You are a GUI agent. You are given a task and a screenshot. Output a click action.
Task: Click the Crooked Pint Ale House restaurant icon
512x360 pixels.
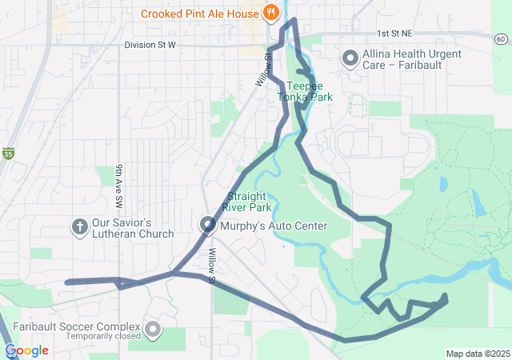point(271,13)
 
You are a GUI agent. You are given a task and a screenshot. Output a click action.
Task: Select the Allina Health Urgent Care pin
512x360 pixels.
point(350,58)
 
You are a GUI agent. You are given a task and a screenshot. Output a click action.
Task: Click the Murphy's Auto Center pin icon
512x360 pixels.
point(207,226)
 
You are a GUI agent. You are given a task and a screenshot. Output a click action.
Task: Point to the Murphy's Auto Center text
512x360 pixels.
point(273,226)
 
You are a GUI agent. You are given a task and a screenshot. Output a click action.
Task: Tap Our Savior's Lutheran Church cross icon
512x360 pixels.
point(79,226)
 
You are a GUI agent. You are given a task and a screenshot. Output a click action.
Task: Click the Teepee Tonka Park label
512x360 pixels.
point(304,90)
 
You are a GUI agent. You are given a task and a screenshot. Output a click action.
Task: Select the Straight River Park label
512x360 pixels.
point(250,202)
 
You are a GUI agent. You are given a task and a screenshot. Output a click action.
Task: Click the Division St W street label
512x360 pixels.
point(150,45)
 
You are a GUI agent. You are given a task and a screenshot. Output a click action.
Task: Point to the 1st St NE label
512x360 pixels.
point(394,34)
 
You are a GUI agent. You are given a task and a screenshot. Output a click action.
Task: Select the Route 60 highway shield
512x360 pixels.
point(500,39)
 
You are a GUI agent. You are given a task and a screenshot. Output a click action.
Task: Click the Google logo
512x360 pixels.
point(26,350)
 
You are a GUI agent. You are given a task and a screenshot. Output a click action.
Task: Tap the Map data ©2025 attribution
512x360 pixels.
point(477,354)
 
